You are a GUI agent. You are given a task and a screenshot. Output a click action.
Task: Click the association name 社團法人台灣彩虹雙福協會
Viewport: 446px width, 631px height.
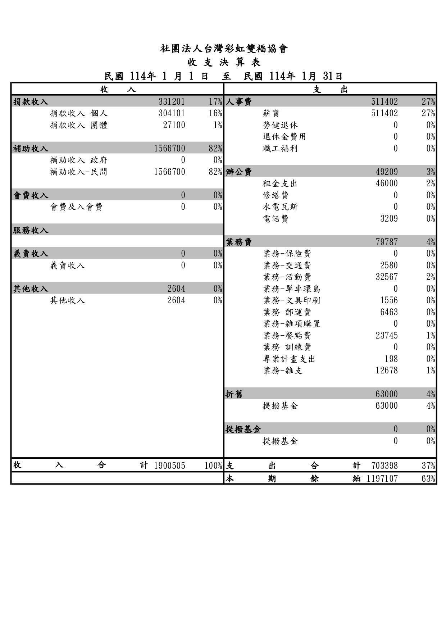point(224,49)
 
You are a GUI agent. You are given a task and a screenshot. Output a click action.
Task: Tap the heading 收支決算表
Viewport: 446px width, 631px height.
point(224,63)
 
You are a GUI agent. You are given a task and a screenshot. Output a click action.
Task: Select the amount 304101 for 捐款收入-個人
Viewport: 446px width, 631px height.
point(172,113)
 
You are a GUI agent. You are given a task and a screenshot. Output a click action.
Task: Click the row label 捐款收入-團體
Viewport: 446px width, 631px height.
point(78,125)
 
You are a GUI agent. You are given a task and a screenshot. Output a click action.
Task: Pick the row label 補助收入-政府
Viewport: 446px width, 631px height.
point(78,160)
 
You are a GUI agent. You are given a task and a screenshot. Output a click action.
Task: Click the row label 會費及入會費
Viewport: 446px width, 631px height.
point(76,207)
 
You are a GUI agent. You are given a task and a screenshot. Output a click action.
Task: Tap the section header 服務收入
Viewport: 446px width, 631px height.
point(31,230)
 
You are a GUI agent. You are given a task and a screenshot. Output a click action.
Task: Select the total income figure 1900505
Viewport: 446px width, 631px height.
point(169,466)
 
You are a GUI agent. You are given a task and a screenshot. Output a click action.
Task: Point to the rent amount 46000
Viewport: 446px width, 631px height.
point(387,183)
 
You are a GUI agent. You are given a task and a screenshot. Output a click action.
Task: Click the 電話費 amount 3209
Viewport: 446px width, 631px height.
point(389,219)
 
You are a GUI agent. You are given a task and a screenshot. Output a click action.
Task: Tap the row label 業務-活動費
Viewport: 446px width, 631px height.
point(287,277)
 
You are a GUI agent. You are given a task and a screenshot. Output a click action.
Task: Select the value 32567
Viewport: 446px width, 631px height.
point(387,277)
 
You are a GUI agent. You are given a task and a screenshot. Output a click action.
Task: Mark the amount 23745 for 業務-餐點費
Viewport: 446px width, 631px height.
point(387,336)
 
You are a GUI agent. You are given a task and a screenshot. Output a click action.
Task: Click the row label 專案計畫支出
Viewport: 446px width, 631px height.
point(289,359)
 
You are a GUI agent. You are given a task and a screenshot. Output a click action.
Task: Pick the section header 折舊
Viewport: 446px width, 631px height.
point(234,394)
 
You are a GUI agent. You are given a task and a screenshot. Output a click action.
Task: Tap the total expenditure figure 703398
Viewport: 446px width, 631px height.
point(384,466)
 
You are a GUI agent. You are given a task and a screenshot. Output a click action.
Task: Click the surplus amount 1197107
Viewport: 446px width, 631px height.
point(382,478)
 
